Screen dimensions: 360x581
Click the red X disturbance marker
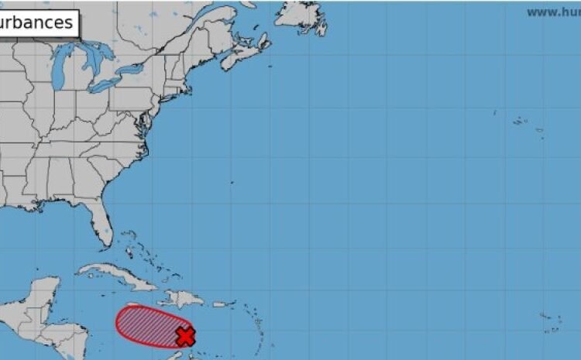(185, 336)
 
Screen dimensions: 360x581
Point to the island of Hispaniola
(183, 299)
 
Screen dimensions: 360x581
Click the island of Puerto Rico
(220, 304)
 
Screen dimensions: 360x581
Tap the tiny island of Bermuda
(233, 183)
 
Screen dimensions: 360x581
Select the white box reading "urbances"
(39, 22)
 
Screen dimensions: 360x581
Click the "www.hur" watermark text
(553, 12)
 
